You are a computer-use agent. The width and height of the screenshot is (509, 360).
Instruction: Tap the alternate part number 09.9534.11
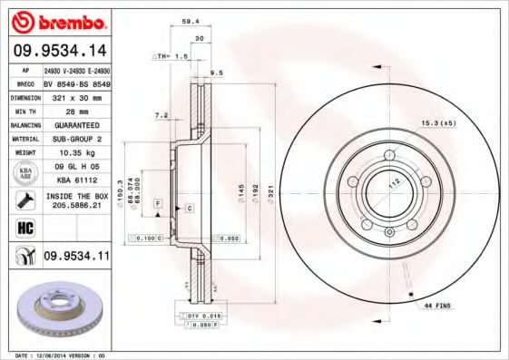click(76, 257)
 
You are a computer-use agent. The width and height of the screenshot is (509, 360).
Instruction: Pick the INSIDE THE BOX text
click(76, 196)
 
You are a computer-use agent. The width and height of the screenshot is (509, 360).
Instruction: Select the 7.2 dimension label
click(162, 115)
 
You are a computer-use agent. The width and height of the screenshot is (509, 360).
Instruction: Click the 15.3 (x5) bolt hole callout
click(437, 122)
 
